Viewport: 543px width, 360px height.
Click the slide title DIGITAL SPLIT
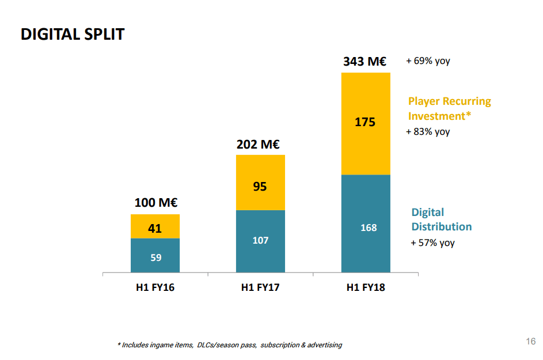73,35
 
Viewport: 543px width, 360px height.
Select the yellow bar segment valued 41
155,226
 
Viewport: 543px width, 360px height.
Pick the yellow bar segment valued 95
260,183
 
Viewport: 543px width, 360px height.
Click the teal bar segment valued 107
260,241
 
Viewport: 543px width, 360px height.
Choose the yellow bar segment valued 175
366,124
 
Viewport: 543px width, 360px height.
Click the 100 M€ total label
155,203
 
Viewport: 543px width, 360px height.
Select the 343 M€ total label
364,61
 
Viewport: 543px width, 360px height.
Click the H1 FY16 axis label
155,287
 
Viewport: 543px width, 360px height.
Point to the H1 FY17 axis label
260,287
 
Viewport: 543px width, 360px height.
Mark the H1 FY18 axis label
366,287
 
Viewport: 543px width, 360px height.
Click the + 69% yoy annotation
428,60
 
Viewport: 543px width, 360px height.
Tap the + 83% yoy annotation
428,132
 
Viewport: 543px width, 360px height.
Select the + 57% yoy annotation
432,243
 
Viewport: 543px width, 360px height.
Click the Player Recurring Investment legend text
449,108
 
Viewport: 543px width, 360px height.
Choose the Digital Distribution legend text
441,219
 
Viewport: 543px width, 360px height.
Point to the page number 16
531,341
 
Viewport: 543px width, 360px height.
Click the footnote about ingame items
230,345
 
